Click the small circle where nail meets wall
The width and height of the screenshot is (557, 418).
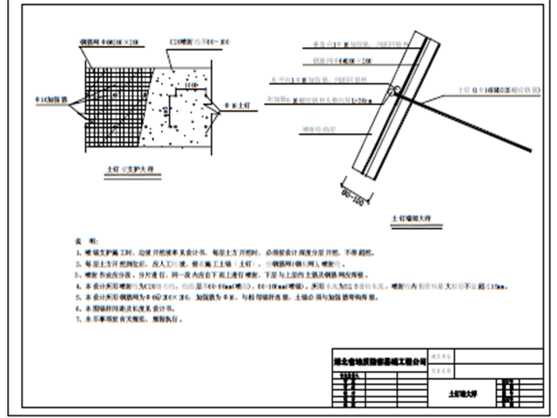click(397, 89)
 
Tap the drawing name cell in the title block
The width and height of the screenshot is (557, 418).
click(458, 394)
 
